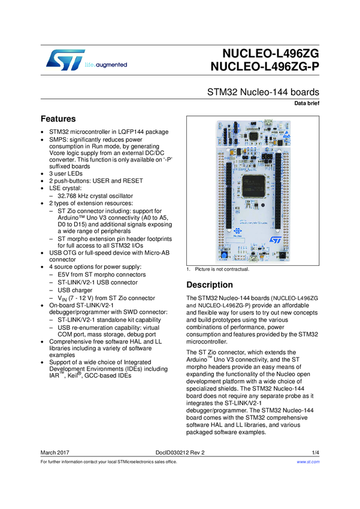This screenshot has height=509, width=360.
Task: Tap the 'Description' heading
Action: pos(214,284)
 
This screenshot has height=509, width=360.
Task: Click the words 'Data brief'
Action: pos(306,104)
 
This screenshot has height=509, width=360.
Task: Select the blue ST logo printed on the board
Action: pos(276,239)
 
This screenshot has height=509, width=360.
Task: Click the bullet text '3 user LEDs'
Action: pos(71,173)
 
